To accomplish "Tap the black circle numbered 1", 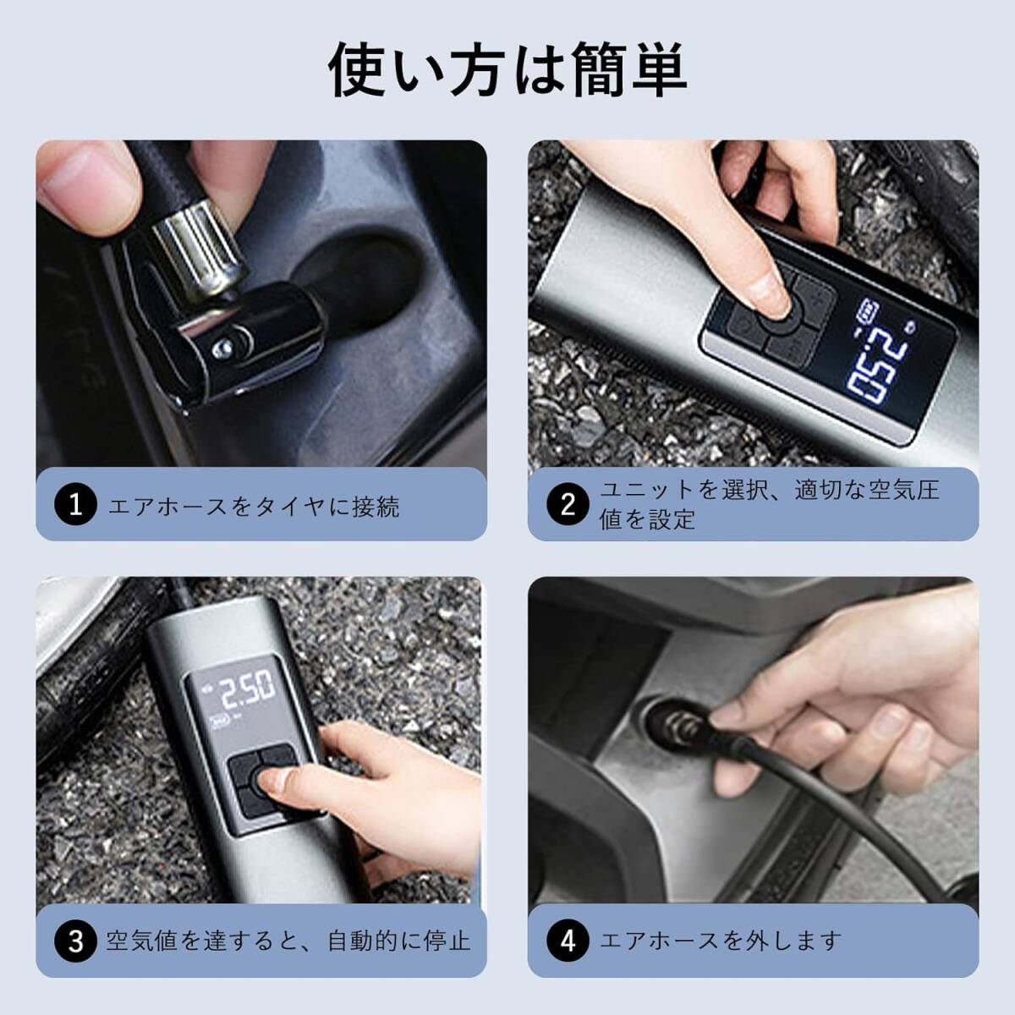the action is click(76, 505).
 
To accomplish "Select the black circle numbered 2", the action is click(568, 505).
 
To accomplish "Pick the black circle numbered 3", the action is click(76, 941).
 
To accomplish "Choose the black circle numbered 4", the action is click(568, 941).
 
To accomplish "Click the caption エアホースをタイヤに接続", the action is click(254, 506).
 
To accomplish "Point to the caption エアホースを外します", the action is click(721, 941).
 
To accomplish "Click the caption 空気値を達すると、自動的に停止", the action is click(288, 941).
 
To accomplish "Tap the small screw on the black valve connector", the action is click(222, 347).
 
